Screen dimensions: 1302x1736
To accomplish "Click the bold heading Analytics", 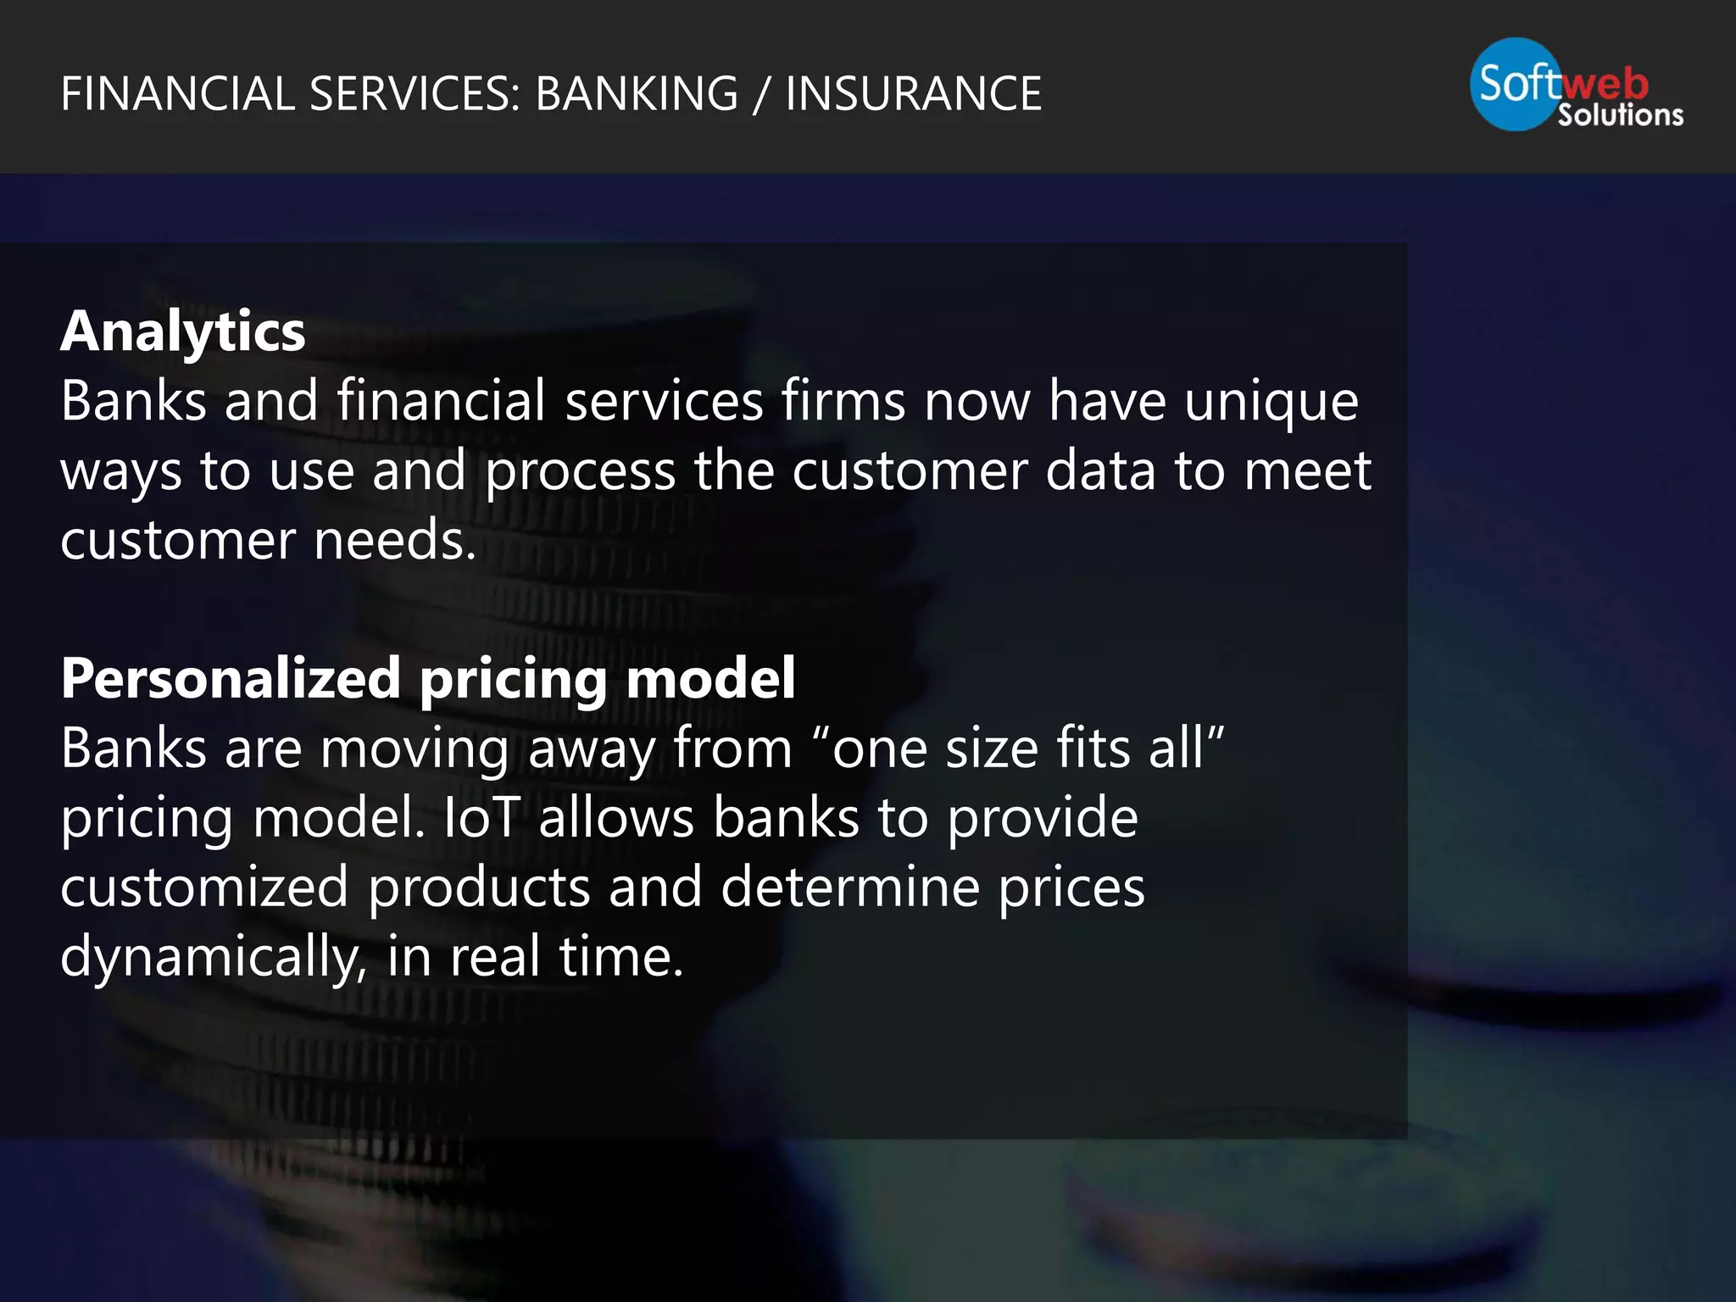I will pos(182,331).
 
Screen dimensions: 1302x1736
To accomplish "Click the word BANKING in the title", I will pos(637,94).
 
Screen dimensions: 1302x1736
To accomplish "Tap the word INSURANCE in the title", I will pos(913,94).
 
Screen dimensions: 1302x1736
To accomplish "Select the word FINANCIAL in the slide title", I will pos(177,94).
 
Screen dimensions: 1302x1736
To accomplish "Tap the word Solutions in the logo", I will pos(1620,115).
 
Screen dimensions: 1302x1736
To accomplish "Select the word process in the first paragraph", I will pos(580,471).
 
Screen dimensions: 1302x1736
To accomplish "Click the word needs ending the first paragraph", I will pos(394,541).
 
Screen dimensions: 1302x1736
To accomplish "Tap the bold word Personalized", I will pos(231,679).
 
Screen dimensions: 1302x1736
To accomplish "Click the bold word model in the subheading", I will pos(710,679).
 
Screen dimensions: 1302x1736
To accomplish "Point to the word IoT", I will pos(481,818).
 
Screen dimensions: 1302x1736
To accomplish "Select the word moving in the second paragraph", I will pos(415,749).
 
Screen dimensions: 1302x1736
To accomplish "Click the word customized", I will pos(204,887).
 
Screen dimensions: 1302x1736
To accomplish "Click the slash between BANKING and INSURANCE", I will pos(761,94).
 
